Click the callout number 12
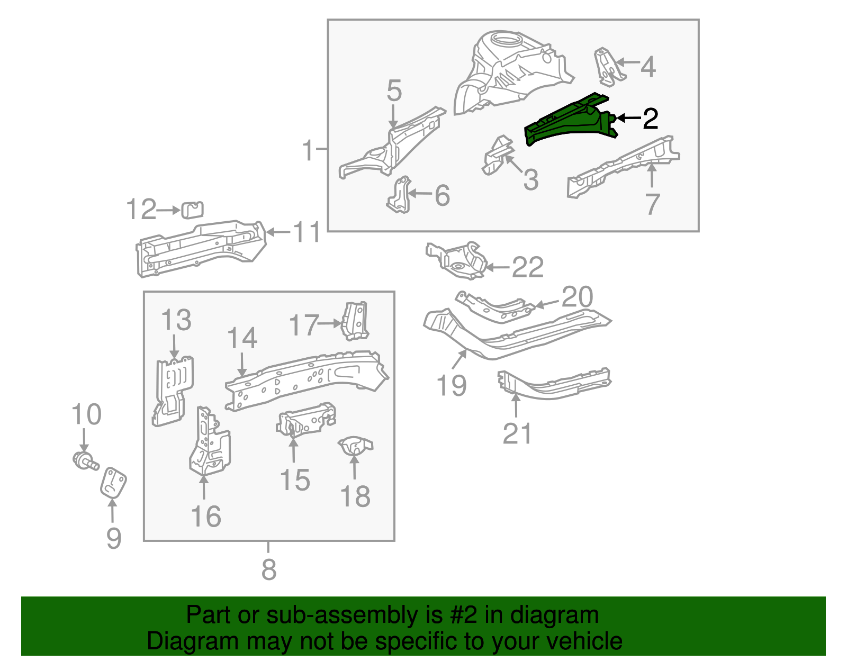pos(141,210)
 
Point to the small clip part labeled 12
pos(192,210)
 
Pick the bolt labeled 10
pos(85,461)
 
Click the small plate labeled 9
pos(113,482)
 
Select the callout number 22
pos(528,268)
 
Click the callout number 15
pos(294,481)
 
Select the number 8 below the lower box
pos(269,569)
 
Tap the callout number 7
pos(652,204)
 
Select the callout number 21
pos(517,434)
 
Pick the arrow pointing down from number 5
pos(393,115)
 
